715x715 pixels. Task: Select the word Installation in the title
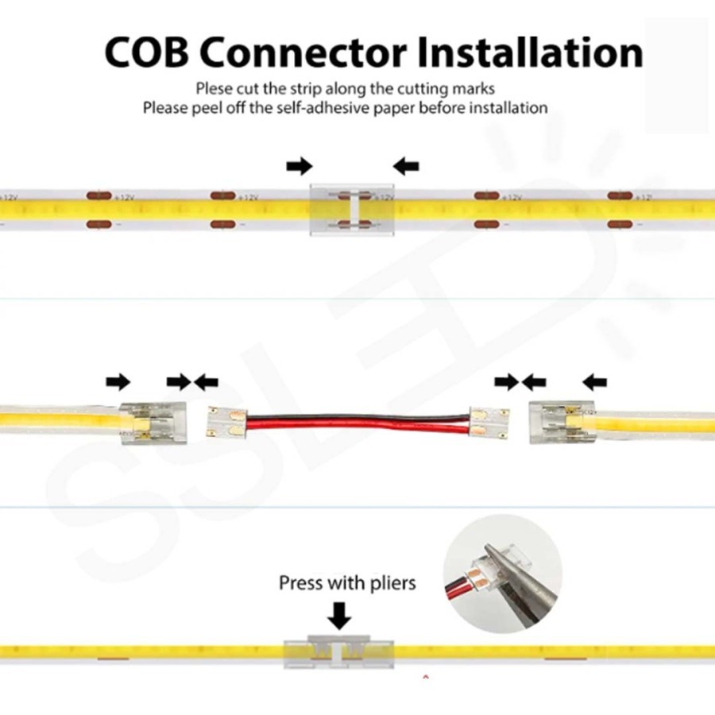click(531, 52)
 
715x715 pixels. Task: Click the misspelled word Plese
click(214, 88)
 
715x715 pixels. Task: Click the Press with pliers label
click(347, 583)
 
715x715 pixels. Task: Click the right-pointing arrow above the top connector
click(300, 165)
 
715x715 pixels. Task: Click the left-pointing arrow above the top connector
click(406, 165)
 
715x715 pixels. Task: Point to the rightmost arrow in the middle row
click(594, 382)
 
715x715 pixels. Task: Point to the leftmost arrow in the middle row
click(118, 382)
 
